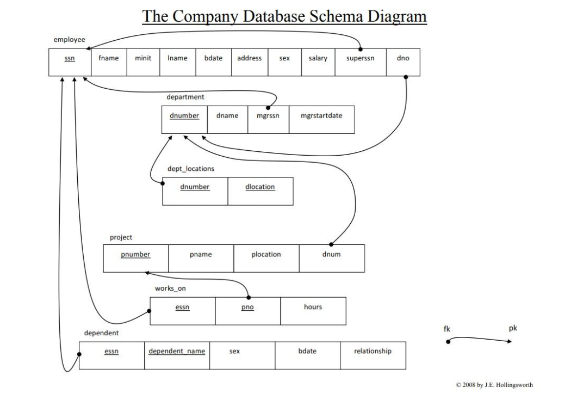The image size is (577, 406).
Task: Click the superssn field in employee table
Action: coord(360,59)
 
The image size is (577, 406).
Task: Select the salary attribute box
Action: coord(318,59)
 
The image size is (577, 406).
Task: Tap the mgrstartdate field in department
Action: coord(321,116)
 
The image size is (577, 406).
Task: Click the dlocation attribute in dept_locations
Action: coord(260,187)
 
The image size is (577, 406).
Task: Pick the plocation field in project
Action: coord(266,255)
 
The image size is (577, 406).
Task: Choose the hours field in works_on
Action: coord(313,307)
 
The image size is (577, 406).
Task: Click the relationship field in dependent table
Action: coord(373,352)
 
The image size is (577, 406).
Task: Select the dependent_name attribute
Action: coord(177,352)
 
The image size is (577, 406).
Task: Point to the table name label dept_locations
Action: coord(190,169)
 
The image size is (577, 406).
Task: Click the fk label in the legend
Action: coord(447,329)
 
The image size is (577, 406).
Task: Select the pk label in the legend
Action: coord(512,328)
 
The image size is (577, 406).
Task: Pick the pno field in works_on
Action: coord(247,307)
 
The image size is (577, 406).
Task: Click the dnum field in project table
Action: coord(331,255)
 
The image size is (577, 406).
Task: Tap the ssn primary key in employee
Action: coord(70,59)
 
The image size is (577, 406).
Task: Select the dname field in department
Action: coord(227,116)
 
